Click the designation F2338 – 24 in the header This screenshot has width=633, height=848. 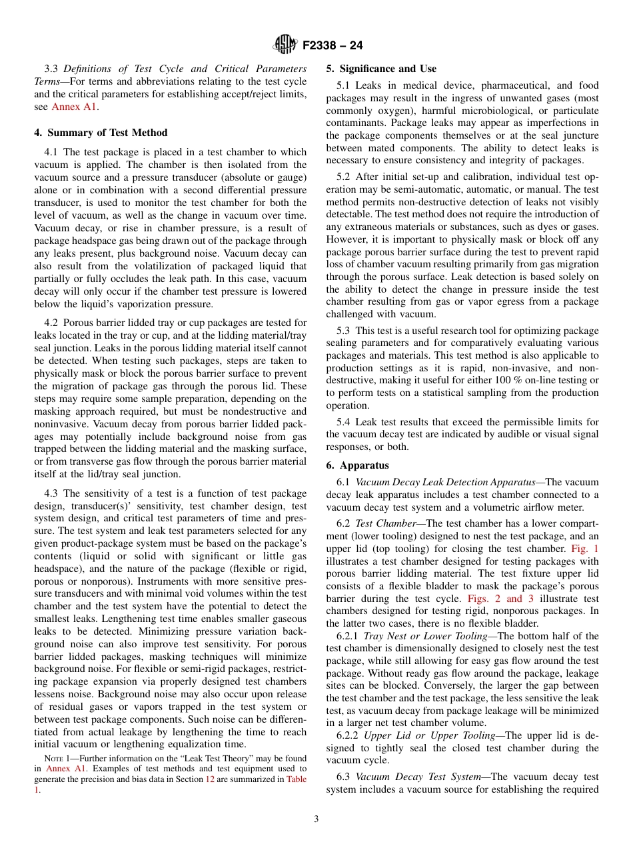332,46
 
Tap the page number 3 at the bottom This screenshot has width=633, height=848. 316,819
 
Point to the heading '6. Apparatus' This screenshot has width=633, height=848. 357,465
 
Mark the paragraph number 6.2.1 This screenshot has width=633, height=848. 348,636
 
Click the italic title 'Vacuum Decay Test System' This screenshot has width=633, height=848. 418,777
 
